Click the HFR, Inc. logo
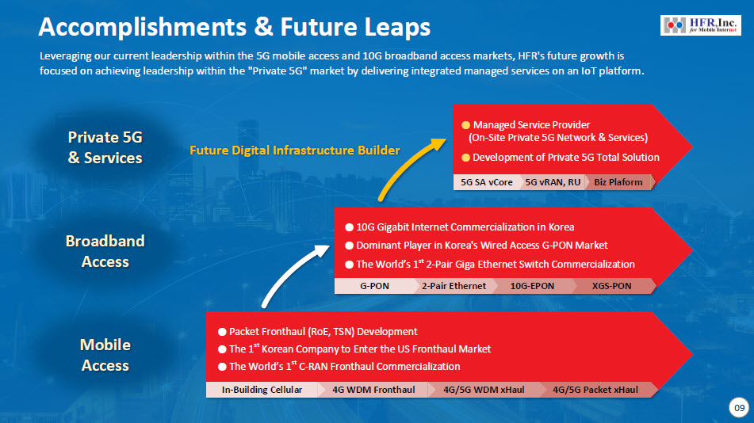click(701, 25)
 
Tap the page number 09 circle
click(739, 408)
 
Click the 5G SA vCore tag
click(487, 182)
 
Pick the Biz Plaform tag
click(618, 182)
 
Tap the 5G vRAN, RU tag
click(553, 182)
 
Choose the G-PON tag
click(374, 286)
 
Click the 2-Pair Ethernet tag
click(454, 286)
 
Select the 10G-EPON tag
click(532, 286)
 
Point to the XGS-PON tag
click(611, 286)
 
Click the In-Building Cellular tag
click(262, 390)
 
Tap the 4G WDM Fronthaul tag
click(373, 390)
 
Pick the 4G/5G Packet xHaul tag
click(595, 390)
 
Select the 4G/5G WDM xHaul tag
click(484, 390)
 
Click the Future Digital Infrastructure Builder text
click(295, 151)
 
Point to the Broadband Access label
click(105, 251)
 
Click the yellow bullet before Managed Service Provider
click(465, 125)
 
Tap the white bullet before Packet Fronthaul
click(222, 332)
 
